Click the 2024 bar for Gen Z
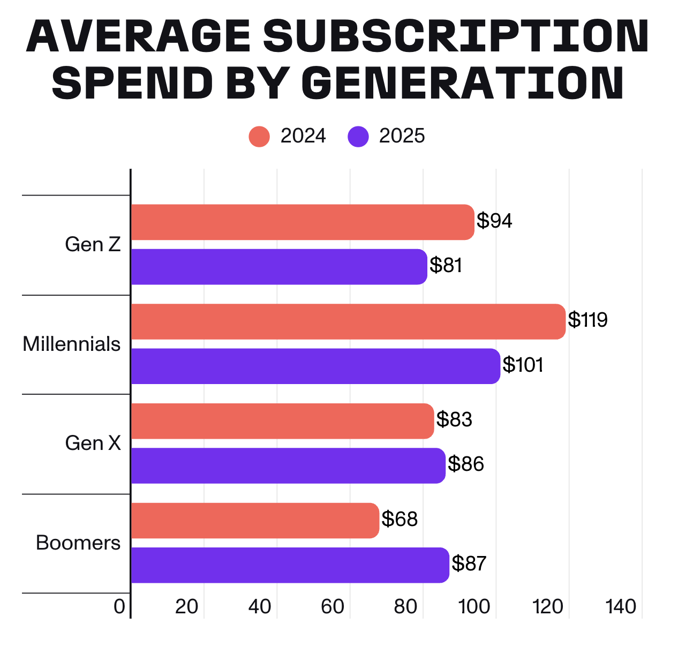(x=303, y=222)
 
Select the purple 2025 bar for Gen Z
(x=279, y=266)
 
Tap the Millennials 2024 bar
(x=348, y=321)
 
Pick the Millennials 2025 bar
(x=315, y=366)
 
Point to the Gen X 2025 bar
(x=288, y=465)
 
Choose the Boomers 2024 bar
(x=255, y=520)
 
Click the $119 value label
(x=587, y=320)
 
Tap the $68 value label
(x=400, y=519)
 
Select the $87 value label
(x=469, y=564)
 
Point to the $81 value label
(x=446, y=265)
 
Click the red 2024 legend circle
(x=259, y=136)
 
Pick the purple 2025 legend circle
(x=358, y=136)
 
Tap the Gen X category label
(x=93, y=443)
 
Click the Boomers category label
(x=78, y=543)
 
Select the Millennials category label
(x=72, y=344)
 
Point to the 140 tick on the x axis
(x=621, y=606)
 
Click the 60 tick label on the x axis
(x=333, y=606)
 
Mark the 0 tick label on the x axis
(x=119, y=606)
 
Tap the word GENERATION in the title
(x=463, y=84)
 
